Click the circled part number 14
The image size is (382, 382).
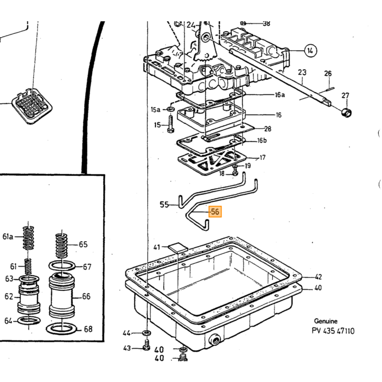(x=310, y=51)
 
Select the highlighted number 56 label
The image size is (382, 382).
(x=215, y=212)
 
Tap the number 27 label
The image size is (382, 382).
(x=345, y=95)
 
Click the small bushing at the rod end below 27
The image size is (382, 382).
(x=346, y=113)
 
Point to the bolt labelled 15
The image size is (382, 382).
(x=170, y=124)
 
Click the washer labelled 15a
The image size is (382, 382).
(x=170, y=109)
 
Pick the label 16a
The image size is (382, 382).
(x=279, y=95)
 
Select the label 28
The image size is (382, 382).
(x=268, y=129)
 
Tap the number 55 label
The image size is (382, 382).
(x=164, y=205)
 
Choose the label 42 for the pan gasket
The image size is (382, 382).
(x=318, y=277)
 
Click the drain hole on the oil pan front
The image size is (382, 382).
(x=215, y=340)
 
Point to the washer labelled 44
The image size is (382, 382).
(x=146, y=332)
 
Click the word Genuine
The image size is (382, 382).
(x=326, y=321)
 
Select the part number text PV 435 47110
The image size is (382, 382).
(x=333, y=331)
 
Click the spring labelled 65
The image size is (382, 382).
(x=61, y=246)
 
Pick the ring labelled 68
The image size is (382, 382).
(x=62, y=329)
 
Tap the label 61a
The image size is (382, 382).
(x=8, y=236)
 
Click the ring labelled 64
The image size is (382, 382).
(x=29, y=321)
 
